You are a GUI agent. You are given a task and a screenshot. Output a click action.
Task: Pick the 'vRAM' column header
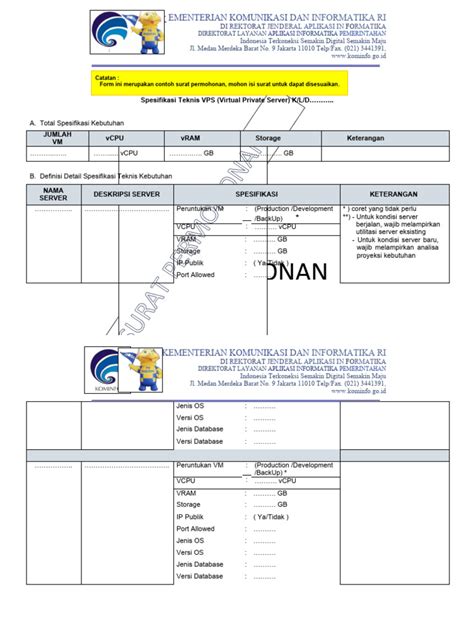pyautogui.click(x=192, y=137)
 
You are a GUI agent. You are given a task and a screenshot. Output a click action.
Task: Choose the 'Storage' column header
pyautogui.click(x=268, y=137)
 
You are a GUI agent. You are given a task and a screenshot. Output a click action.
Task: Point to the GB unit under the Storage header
pyautogui.click(x=288, y=153)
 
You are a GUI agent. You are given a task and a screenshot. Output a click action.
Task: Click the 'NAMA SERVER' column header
pyautogui.click(x=53, y=193)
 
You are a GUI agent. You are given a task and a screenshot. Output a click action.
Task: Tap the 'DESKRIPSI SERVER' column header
pyautogui.click(x=126, y=193)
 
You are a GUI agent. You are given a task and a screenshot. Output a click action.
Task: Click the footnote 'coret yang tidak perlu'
pyautogui.click(x=386, y=209)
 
